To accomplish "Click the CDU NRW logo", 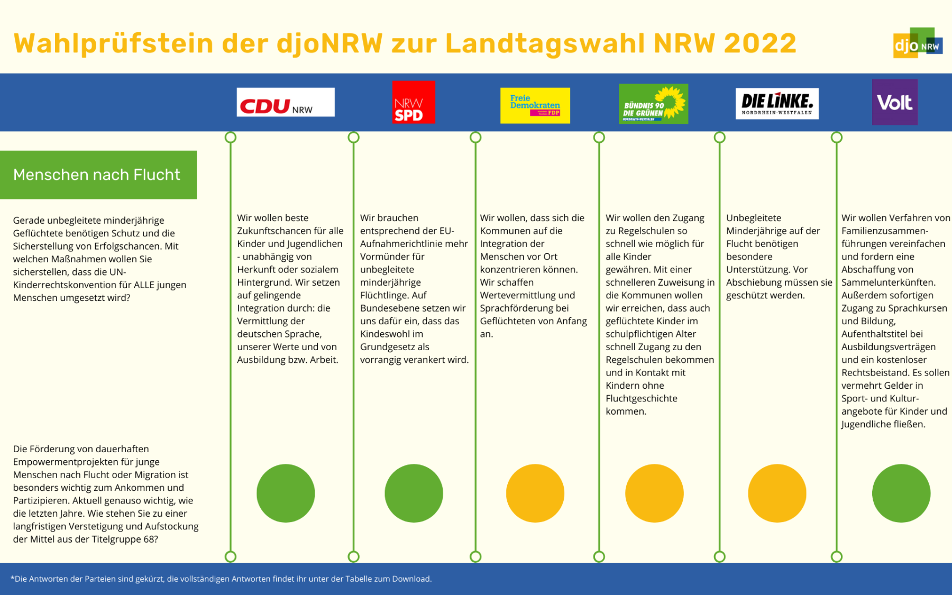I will [x=286, y=102].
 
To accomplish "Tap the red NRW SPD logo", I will [x=414, y=102].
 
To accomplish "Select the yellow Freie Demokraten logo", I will [x=535, y=105].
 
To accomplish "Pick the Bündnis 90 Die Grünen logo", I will [x=653, y=104].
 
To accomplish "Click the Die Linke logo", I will [x=776, y=104].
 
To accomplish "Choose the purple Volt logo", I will [x=894, y=102].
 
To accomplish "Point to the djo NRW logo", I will [x=918, y=43].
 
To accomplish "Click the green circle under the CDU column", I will [x=286, y=493].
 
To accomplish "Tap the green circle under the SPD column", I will [x=414, y=493].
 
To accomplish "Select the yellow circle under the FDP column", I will [x=535, y=493].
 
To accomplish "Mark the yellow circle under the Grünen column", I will [x=654, y=493].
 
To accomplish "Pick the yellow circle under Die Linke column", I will [x=777, y=493].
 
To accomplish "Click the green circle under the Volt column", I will [x=901, y=493].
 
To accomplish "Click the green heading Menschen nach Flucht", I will [x=97, y=175].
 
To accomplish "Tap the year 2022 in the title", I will [x=760, y=43].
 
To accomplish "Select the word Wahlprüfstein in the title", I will [x=113, y=43].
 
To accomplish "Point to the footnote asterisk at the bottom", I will [x=12, y=578].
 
